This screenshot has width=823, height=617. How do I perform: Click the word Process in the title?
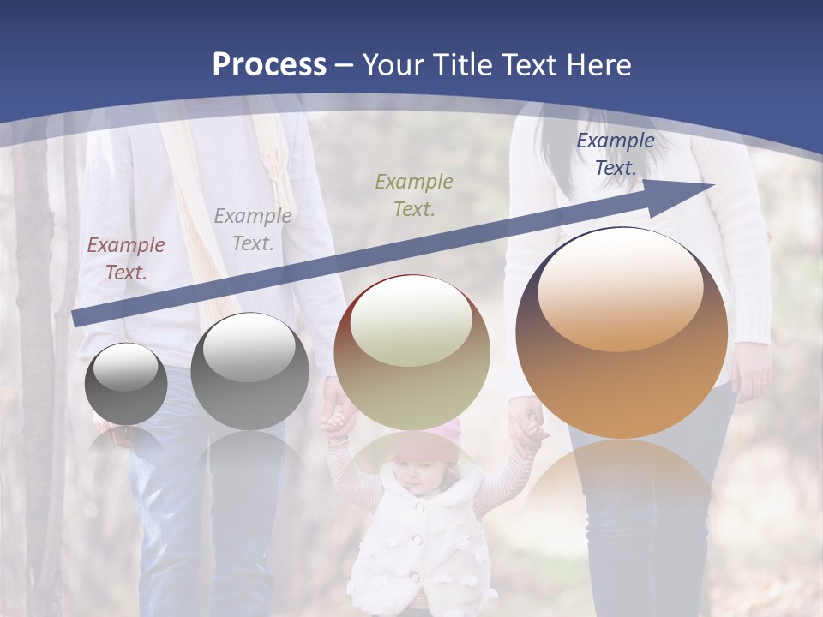click(269, 64)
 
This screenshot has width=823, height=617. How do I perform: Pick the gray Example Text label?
click(252, 230)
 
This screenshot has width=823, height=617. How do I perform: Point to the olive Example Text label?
click(413, 195)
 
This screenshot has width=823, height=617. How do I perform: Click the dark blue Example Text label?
click(615, 154)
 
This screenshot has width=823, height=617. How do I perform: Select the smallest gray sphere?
click(126, 384)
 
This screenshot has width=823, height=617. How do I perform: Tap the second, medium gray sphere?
click(249, 372)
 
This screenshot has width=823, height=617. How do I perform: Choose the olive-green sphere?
click(412, 352)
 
